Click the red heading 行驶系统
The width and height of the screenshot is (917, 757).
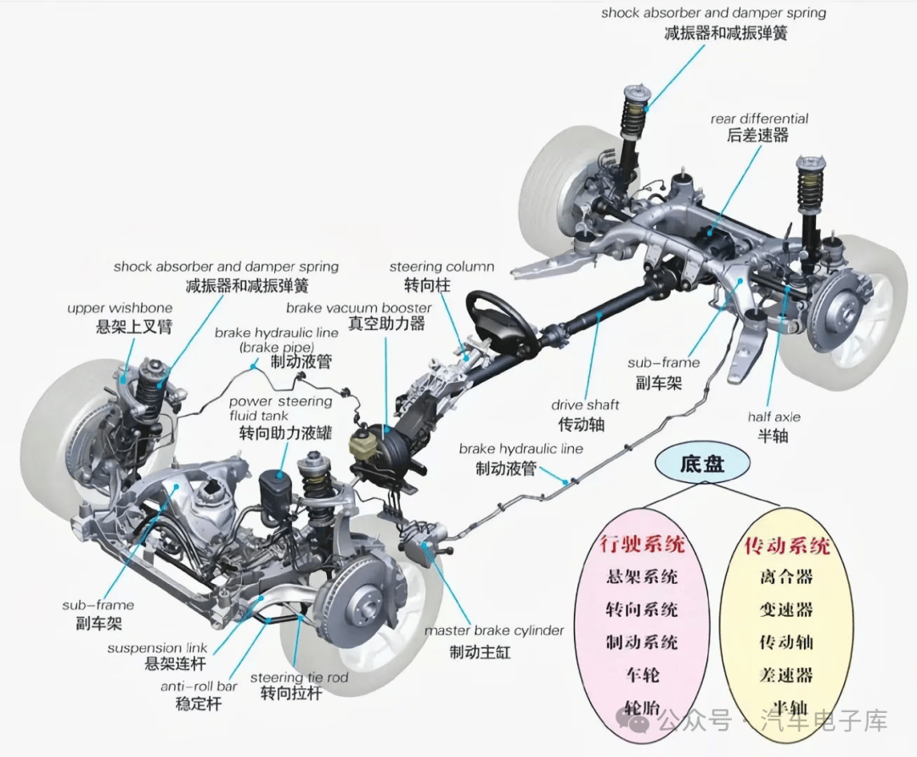[x=642, y=543]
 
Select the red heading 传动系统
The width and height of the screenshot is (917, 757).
[x=786, y=544]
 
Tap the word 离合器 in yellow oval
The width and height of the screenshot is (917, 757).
[x=786, y=577]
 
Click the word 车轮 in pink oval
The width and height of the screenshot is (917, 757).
[x=642, y=676]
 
